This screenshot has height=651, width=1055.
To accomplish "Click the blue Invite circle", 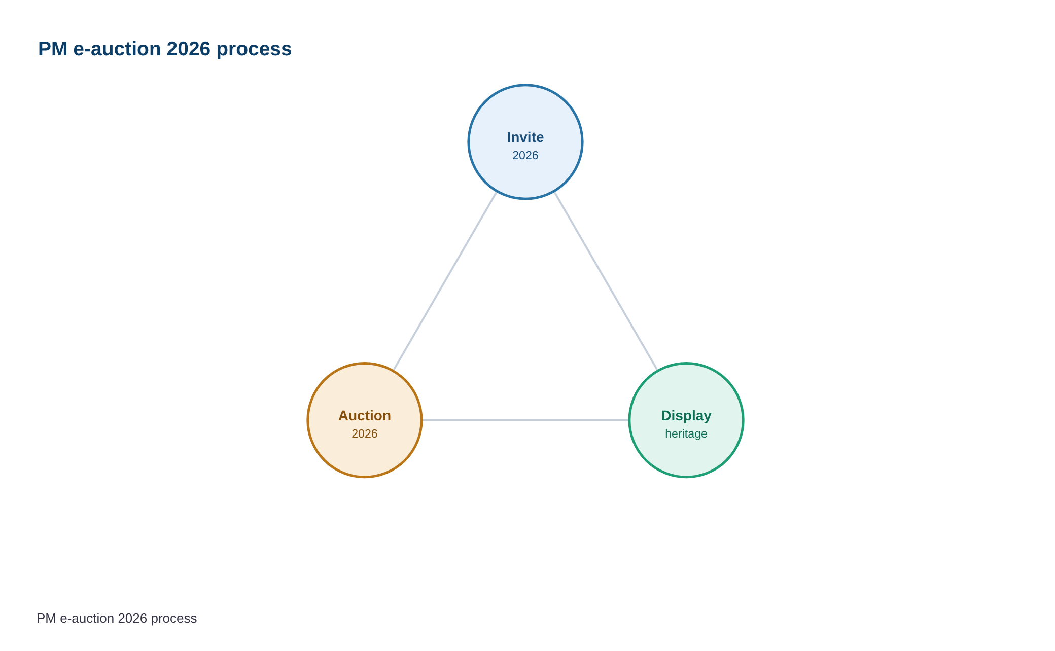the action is [x=525, y=142].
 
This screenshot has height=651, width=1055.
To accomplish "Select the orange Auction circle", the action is [x=365, y=420].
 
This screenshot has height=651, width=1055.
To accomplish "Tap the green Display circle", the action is [x=686, y=420].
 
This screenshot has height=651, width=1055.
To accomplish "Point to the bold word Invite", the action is [x=525, y=137].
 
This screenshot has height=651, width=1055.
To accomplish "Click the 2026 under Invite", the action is [x=525, y=155].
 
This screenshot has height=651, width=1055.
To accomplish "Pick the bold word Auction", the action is [x=365, y=416].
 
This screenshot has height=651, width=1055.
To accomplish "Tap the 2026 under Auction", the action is [x=365, y=433].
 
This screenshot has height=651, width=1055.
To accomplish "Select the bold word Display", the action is [x=686, y=416].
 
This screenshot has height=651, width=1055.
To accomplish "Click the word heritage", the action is [x=686, y=434].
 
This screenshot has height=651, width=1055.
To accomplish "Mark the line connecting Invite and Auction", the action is [x=445, y=281].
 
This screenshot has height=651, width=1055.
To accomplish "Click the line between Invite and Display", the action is [x=606, y=281].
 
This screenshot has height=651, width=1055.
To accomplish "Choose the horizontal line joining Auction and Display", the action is [x=525, y=420].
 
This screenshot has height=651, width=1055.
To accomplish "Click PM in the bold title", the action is [x=53, y=49].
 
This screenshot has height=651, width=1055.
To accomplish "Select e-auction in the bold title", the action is [x=117, y=49].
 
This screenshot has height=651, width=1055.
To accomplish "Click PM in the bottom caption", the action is [x=47, y=619].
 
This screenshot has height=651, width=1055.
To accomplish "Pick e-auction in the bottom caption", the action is [x=87, y=619].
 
